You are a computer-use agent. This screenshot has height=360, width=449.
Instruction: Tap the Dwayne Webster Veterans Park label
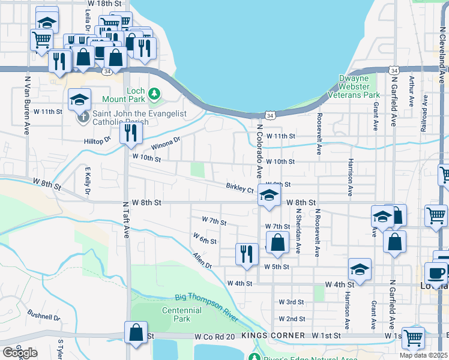[354, 86]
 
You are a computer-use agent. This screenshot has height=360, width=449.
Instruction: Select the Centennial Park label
[182, 314]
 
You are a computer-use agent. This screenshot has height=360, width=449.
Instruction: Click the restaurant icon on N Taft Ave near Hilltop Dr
[130, 133]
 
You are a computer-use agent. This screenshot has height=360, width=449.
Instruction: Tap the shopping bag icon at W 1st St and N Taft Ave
[136, 332]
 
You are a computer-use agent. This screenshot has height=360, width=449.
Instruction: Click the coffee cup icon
[436, 272]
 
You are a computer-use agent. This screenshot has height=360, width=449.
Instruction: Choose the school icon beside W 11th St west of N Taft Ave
[79, 100]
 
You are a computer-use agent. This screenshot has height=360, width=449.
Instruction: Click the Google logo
[20, 353]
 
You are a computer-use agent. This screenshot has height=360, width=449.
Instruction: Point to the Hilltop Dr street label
[98, 140]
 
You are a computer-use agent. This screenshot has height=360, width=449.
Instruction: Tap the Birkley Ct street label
[240, 188]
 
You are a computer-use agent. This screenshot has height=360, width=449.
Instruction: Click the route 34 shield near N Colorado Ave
[271, 115]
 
